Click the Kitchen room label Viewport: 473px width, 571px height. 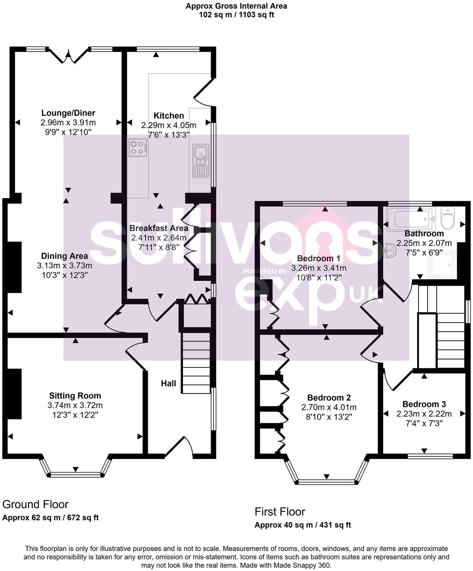point(169,116)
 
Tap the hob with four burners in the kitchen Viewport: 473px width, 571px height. point(138,147)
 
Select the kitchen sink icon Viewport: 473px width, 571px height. point(200,161)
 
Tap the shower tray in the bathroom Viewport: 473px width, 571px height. point(442,265)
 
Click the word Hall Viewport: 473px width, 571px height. point(168,383)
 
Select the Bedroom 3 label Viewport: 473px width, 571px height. point(424,404)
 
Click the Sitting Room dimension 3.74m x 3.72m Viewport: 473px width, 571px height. point(75,405)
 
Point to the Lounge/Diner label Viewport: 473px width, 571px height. point(68,113)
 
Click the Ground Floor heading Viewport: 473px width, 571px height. point(35,504)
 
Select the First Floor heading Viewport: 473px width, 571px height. point(280,512)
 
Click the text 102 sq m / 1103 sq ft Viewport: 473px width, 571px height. point(236,15)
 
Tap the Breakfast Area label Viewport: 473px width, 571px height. point(159,228)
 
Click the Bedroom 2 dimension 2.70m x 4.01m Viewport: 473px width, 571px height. point(329,407)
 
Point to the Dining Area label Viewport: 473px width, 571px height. point(65,256)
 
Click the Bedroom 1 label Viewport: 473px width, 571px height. point(319,258)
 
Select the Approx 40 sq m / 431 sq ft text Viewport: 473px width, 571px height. point(302,525)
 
